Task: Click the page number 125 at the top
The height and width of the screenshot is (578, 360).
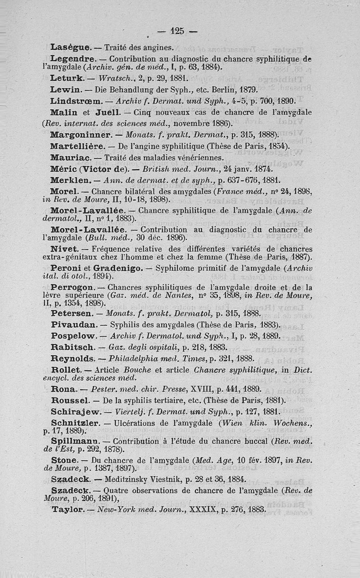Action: tap(178, 31)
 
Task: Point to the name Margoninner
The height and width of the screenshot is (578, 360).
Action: tap(81, 135)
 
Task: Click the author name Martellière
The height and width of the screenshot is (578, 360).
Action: tap(78, 146)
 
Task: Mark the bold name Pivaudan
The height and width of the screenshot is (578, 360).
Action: tap(73, 324)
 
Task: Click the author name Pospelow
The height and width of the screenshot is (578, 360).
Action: tap(73, 336)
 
